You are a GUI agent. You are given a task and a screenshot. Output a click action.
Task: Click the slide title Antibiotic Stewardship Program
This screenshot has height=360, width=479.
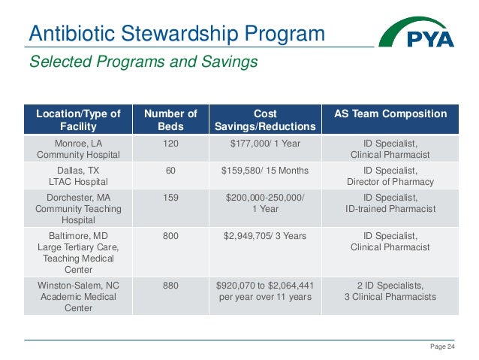(x=176, y=34)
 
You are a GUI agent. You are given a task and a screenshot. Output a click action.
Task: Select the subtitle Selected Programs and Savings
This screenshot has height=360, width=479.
(x=143, y=62)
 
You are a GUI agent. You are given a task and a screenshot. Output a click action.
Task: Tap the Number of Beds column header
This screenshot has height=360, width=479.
(x=170, y=120)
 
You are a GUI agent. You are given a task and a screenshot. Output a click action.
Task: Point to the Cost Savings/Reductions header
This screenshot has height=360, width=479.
(x=265, y=120)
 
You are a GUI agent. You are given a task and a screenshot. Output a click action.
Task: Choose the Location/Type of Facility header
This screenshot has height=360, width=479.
(x=78, y=120)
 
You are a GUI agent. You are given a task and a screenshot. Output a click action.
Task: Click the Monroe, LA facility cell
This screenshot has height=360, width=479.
(x=78, y=148)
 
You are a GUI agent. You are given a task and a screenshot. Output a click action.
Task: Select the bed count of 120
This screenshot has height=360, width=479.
(x=170, y=142)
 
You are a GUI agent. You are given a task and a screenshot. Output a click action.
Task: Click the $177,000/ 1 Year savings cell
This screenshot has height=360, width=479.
(x=265, y=142)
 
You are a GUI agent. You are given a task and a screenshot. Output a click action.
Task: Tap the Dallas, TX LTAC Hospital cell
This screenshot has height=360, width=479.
(x=78, y=176)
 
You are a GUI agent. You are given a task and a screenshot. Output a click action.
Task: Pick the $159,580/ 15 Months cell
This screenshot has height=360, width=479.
(x=265, y=171)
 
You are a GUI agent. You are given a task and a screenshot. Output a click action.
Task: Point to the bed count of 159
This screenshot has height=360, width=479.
(x=170, y=198)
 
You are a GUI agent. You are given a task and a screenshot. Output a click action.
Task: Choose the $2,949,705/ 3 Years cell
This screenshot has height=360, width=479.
(x=265, y=236)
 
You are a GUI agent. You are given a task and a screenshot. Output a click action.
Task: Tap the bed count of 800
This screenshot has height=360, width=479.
(x=170, y=236)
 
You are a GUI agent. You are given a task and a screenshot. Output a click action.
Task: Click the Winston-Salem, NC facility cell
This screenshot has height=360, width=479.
(x=78, y=296)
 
